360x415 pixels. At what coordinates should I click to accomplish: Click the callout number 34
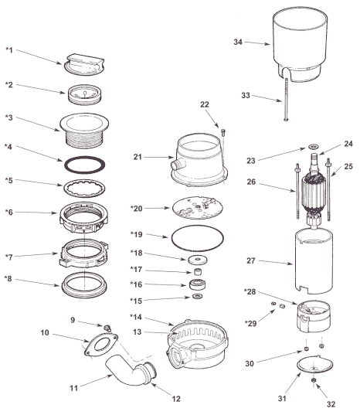pyautogui.click(x=238, y=42)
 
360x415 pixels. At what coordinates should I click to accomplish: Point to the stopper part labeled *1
pyautogui.click(x=84, y=65)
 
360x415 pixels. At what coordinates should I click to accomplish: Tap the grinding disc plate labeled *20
pyautogui.click(x=197, y=208)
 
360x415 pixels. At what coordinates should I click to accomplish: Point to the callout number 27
pyautogui.click(x=250, y=260)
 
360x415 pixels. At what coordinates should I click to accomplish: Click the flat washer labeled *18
pyautogui.click(x=198, y=260)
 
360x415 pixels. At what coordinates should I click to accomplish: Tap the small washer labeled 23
pyautogui.click(x=314, y=146)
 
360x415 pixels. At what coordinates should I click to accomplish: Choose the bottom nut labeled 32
pyautogui.click(x=313, y=380)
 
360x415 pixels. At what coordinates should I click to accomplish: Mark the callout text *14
pyautogui.click(x=136, y=317)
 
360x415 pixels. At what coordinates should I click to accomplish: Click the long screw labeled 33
pyautogui.click(x=286, y=99)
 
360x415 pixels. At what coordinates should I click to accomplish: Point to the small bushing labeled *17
pyautogui.click(x=198, y=271)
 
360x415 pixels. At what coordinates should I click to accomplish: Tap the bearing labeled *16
pyautogui.click(x=198, y=284)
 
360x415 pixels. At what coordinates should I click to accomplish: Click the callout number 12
pyautogui.click(x=176, y=398)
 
